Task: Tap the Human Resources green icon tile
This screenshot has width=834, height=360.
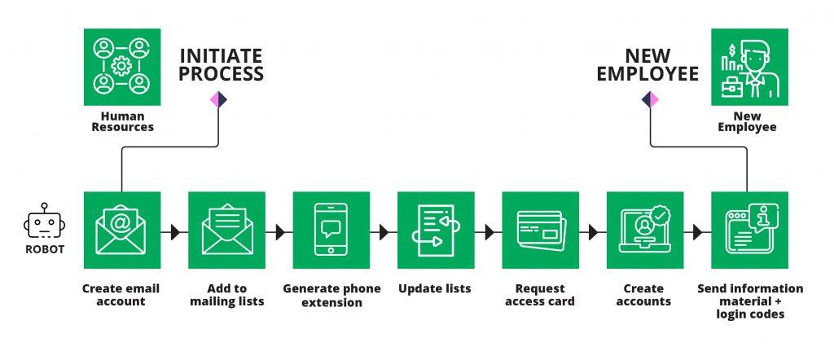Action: coord(122,67)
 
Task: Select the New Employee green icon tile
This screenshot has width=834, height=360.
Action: coord(749,67)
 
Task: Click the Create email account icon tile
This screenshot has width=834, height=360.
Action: coord(122,230)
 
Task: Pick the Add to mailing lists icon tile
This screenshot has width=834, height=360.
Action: coord(227,230)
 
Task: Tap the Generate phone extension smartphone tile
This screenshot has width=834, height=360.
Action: coord(331,230)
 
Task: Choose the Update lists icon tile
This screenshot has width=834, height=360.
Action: coord(437,230)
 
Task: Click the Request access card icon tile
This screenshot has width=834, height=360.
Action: coord(541,230)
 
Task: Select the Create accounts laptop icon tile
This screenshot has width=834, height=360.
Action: coord(645,230)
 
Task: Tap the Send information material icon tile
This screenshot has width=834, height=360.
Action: coord(749,230)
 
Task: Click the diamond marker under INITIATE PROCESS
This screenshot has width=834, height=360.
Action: coord(218,99)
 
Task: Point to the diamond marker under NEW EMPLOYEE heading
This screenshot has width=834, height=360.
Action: coord(650,99)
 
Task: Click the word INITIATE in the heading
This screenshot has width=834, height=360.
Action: coord(221,56)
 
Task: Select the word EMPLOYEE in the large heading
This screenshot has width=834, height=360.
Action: coord(647,74)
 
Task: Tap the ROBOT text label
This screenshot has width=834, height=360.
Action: coord(45,249)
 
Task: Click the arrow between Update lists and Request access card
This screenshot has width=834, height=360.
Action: coord(489,232)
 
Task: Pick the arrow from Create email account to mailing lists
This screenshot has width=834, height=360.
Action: coord(174,232)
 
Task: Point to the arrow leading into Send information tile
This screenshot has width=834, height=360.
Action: coord(697,232)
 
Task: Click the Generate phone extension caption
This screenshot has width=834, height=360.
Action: coord(332,296)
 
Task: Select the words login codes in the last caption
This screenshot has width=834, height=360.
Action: coord(750,314)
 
